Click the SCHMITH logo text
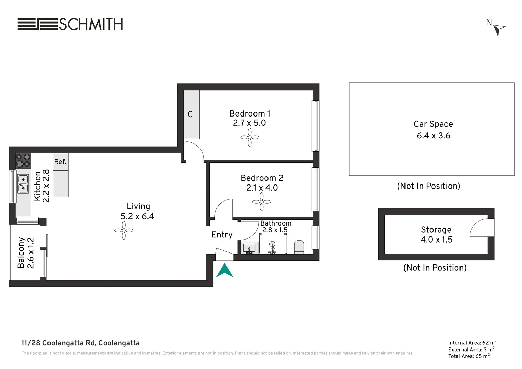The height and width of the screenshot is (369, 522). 91,24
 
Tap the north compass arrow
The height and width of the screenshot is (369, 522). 499,29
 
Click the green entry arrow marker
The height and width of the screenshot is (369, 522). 224,270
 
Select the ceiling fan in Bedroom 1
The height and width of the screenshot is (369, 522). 250,137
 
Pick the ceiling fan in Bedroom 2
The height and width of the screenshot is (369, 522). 262,202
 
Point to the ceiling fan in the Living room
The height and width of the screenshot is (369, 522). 124,230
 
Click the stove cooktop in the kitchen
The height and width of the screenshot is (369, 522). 23,161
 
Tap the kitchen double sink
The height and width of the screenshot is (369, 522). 23,183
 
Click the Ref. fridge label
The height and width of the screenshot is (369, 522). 60,162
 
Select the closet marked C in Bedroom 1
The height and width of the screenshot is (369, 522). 191,114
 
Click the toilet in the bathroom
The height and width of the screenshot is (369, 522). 299,247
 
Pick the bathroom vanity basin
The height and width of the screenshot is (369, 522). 249,248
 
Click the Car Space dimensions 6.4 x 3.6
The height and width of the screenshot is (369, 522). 433,136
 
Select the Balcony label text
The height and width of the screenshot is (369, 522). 21,252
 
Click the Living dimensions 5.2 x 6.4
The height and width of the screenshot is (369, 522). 137,216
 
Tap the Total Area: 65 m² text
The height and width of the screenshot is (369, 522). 469,356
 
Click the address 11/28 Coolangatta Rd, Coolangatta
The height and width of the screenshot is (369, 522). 80,343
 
